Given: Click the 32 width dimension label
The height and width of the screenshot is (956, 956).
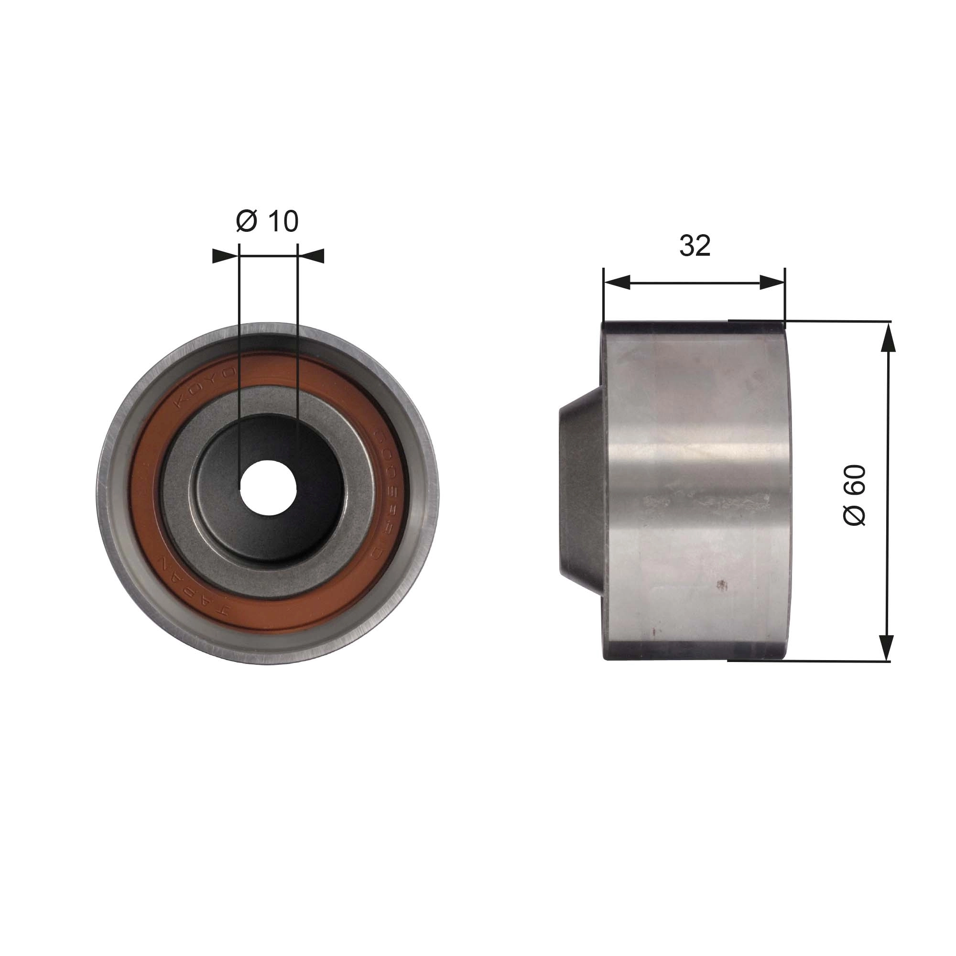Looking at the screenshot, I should (695, 245).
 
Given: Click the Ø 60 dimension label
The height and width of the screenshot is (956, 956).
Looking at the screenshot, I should (855, 495).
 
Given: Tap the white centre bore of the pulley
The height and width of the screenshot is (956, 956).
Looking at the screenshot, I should (268, 489).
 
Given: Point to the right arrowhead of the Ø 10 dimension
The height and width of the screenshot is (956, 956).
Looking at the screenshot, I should (312, 256).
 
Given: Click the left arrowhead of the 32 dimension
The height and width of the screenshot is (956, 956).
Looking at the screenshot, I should (617, 282).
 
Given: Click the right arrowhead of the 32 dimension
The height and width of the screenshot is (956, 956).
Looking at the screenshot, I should (772, 282).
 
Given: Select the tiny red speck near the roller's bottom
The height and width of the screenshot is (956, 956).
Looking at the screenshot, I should (655, 631).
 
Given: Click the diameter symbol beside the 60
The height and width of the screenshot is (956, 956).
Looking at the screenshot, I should (855, 515).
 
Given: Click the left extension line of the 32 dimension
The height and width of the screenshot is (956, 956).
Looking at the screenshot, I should (604, 297).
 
